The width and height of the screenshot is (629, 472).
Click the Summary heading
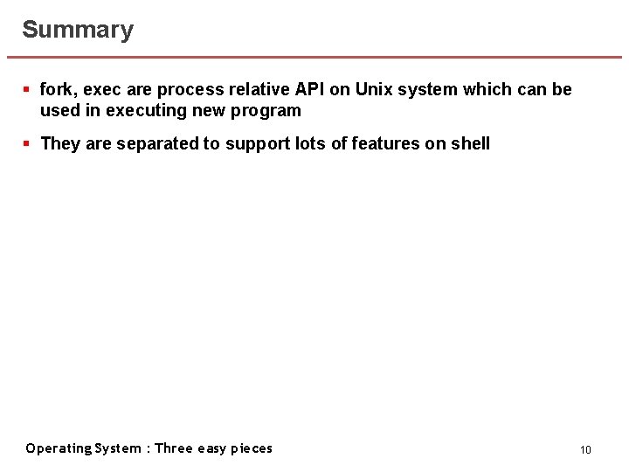point(78,30)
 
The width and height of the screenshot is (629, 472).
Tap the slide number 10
point(585,449)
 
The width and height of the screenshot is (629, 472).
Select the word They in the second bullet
point(59,143)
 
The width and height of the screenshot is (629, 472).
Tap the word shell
point(471,143)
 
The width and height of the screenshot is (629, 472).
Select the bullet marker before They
point(27,143)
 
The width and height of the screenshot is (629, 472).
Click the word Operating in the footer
point(58,448)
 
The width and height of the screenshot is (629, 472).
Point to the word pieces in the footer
point(251,448)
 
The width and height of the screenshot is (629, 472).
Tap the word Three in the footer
point(174,448)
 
